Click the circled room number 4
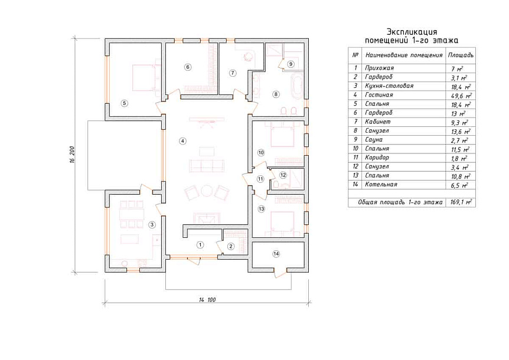tap(183, 141)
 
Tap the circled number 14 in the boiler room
tap(276, 254)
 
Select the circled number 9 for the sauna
tap(291, 64)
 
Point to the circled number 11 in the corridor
tap(260, 179)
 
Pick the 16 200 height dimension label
tap(72, 155)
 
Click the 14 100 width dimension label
tap(207, 300)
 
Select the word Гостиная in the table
tap(379, 94)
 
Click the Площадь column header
tap(461, 55)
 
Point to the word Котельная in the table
tap(381, 184)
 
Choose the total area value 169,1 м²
tap(461, 202)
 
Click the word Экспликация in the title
tap(412, 32)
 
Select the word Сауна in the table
tap(374, 139)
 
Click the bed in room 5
tap(143, 77)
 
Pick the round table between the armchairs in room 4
tap(207, 191)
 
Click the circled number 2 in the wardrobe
tap(231, 247)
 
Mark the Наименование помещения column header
tap(404, 55)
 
